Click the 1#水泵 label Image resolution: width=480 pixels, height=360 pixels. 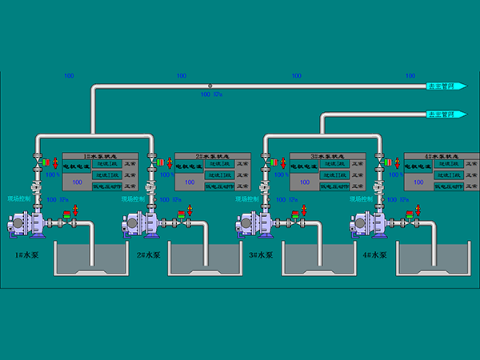click(27, 255)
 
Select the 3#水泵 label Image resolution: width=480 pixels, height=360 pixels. click(261, 255)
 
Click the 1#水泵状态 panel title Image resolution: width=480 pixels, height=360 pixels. click(101, 156)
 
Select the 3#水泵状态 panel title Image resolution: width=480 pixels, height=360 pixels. click(328, 156)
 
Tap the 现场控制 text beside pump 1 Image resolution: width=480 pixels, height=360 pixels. click(18, 198)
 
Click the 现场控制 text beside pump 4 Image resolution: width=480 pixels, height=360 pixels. click(362, 198)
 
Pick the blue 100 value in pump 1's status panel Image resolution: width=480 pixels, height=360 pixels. click(78, 183)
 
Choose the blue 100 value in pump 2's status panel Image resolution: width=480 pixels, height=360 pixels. click(191, 183)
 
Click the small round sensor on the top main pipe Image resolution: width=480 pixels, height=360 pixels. click(210, 86)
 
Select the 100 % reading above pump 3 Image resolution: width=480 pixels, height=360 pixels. click(281, 174)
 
